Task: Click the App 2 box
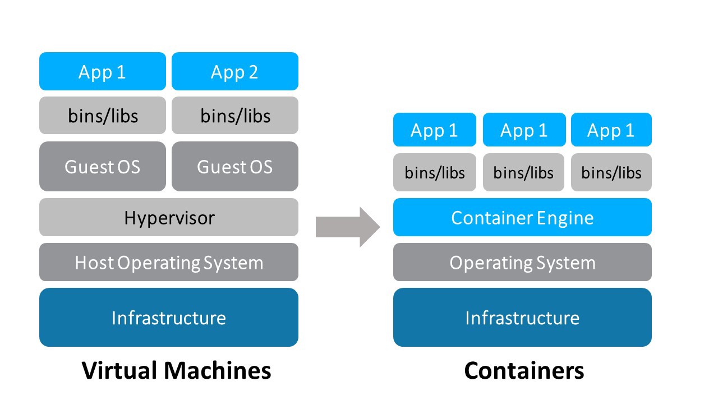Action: point(234,71)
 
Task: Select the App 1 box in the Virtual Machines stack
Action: point(103,71)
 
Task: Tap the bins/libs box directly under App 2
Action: point(234,116)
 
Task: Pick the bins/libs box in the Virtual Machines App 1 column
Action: point(103,116)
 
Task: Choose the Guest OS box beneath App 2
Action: point(234,167)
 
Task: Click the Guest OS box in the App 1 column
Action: point(103,167)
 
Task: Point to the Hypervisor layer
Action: point(168,217)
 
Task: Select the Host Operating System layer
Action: point(168,262)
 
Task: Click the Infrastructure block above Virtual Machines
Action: point(168,318)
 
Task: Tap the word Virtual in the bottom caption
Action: point(119,370)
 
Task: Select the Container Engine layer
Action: point(522,217)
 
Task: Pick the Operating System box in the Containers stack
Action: point(522,262)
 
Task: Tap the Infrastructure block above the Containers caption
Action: point(522,318)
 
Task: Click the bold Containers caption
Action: point(524,370)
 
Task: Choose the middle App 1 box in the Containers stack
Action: point(523,130)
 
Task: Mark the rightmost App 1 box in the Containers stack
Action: point(611,130)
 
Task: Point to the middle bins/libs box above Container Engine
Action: point(523,172)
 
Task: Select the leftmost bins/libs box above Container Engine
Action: point(435,172)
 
